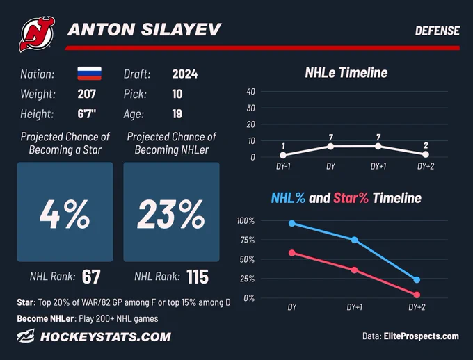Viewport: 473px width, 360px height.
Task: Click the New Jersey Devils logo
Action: [37, 34]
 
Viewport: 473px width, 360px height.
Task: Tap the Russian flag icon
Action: [89, 73]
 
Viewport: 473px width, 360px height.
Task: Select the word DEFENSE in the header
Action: [437, 31]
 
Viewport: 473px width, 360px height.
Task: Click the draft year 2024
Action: [184, 74]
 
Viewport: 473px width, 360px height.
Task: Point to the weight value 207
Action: [86, 94]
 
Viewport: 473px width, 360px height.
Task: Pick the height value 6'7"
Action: [86, 114]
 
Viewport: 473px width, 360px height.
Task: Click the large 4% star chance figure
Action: [65, 214]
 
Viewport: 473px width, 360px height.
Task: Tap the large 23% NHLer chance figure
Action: [171, 214]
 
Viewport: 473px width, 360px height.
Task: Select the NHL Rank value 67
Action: [91, 277]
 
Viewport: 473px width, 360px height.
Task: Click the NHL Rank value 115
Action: [198, 277]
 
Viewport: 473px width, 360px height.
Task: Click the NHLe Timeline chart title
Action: [346, 73]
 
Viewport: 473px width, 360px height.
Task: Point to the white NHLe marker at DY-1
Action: [283, 155]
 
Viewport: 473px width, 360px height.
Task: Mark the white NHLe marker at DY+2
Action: [426, 154]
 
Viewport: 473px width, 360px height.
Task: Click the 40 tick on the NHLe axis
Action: [250, 91]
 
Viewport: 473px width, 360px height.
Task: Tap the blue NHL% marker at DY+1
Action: [355, 240]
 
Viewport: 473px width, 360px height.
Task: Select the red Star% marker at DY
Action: [292, 253]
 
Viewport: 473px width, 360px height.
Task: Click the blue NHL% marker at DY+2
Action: [417, 280]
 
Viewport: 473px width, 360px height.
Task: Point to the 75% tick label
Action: [247, 240]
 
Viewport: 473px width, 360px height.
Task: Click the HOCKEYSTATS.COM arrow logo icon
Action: [26, 336]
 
